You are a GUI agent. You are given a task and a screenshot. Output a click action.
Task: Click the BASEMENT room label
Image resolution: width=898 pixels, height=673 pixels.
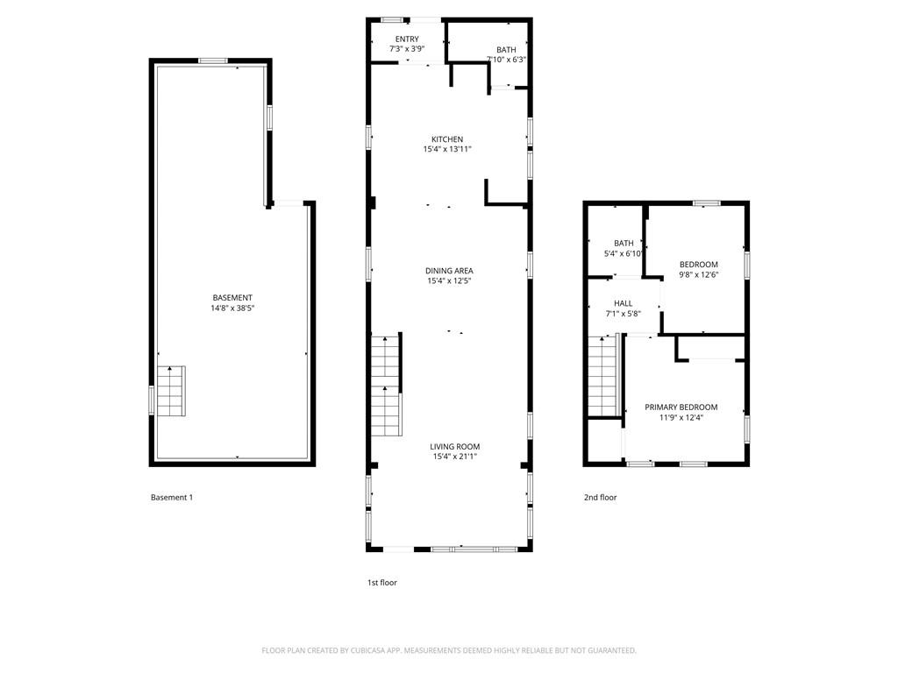[232, 298]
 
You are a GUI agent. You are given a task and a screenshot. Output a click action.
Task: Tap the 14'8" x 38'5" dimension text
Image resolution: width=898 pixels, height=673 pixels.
[232, 308]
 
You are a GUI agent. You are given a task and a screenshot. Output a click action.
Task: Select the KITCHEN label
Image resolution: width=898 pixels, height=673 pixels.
[447, 139]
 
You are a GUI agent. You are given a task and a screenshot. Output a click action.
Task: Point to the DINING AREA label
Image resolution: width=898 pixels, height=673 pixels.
[449, 271]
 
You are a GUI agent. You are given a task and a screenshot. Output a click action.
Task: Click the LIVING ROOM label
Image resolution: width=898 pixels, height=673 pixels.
[455, 446]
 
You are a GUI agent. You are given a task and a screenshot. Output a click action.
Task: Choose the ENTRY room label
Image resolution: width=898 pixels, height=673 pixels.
[407, 39]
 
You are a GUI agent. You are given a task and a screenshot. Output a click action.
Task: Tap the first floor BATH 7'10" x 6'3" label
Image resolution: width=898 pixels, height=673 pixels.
[506, 54]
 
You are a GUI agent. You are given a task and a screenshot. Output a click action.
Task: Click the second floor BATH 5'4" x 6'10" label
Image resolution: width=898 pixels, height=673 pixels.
[624, 248]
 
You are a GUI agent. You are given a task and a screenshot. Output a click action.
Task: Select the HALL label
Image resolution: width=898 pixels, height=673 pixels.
[624, 303]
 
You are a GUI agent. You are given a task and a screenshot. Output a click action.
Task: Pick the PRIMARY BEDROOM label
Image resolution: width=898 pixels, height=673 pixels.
[681, 407]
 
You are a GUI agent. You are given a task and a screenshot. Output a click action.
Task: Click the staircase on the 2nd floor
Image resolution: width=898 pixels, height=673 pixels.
[603, 378]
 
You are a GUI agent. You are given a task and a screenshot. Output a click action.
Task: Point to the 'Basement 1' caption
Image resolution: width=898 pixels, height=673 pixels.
[172, 498]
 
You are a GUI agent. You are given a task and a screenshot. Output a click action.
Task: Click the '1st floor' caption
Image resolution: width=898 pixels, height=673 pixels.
[381, 582]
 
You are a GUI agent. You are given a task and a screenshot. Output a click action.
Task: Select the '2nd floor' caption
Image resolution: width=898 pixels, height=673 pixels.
[601, 498]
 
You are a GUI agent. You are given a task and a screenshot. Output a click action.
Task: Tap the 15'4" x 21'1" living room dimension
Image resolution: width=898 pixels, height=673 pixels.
[455, 457]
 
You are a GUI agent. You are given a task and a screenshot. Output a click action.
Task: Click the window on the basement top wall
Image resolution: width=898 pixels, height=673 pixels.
[213, 60]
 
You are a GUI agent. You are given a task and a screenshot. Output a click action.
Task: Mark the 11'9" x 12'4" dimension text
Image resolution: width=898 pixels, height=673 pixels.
[681, 418]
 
